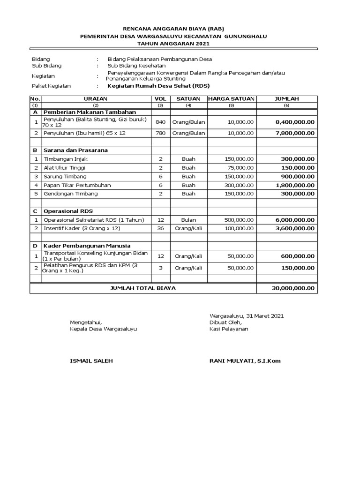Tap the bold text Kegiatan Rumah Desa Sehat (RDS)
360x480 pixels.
[158, 86]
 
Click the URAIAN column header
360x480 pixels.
[96, 99]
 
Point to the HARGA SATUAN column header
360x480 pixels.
[232, 99]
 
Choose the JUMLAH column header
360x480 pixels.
[286, 99]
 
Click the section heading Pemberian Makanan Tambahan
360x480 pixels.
[90, 112]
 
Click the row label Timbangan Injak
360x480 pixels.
[66, 159]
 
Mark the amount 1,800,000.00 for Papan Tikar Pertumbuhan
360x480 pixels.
[292, 185]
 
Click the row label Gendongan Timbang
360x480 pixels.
[70, 194]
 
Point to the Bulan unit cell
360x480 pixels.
[188, 220]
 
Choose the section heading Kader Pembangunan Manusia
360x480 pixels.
[87, 246]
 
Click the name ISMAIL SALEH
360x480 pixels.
[91, 360]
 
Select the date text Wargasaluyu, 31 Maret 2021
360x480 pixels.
[246, 316]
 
